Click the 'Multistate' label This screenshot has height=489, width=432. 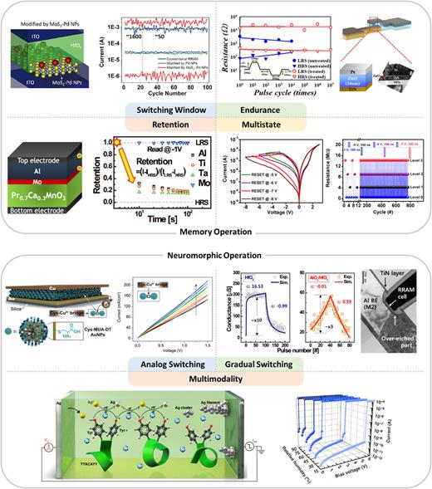pyautogui.click(x=247, y=124)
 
